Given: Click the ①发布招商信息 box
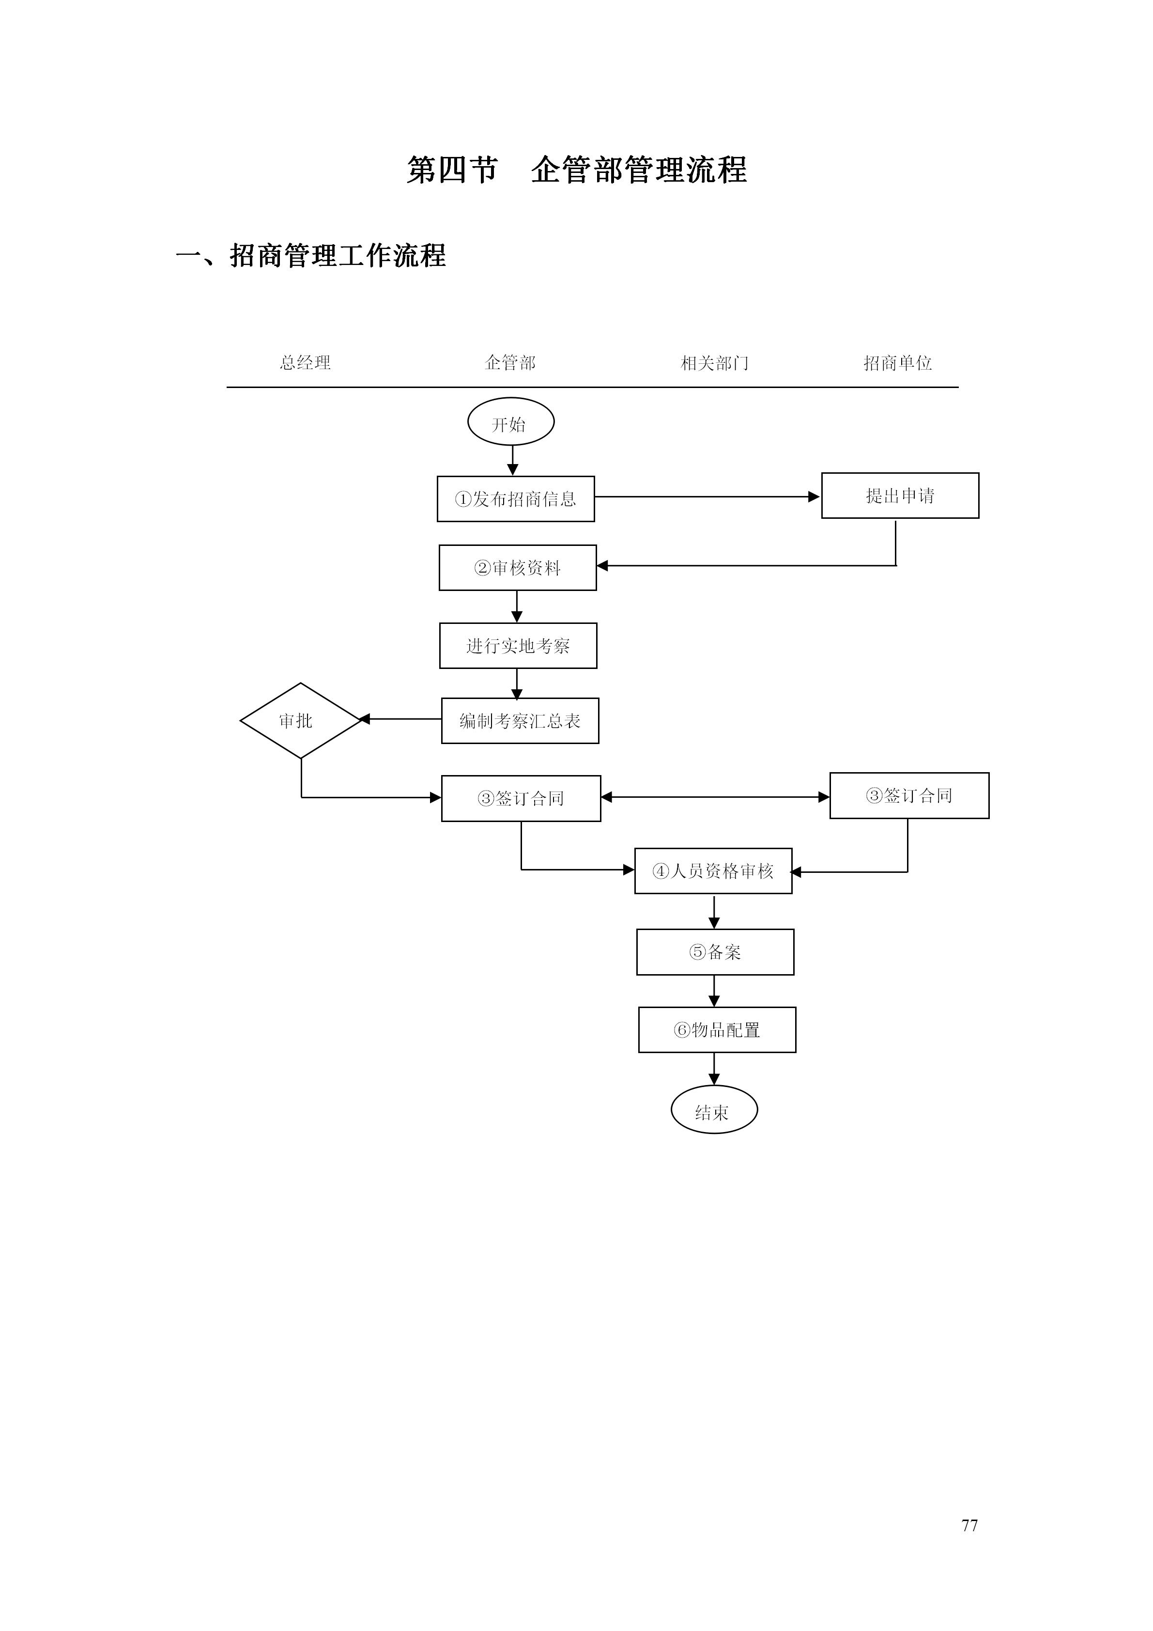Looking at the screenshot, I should (515, 498).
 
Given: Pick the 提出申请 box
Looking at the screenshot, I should (900, 496).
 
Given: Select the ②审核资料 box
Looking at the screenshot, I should (518, 568).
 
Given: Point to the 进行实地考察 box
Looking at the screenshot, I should (518, 646).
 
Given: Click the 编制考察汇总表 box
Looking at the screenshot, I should (520, 721).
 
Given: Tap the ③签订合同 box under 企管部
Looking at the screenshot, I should (521, 798).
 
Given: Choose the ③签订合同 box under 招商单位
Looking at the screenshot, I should (909, 795).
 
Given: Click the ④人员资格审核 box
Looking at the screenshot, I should (713, 871).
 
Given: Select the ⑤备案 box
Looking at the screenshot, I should (715, 952).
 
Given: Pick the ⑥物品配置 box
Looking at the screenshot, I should (717, 1030).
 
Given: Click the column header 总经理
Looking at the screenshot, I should (305, 363).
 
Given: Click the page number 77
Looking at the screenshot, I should (969, 1525).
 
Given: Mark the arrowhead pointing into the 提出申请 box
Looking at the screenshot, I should (815, 497).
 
